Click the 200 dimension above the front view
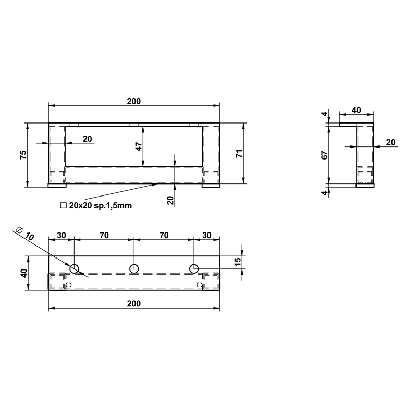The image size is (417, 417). pos(134,101)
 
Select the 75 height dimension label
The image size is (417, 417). pos(23,155)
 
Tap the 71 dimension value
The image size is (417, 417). pos(239,153)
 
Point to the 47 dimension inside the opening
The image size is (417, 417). pos(139,147)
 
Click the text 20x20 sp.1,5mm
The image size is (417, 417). pos(101,205)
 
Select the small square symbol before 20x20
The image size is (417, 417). pos(63,205)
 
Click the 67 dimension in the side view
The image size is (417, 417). pos(325,155)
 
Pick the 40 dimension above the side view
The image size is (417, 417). pos(357,110)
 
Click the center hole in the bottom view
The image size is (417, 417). pos(134,269)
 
